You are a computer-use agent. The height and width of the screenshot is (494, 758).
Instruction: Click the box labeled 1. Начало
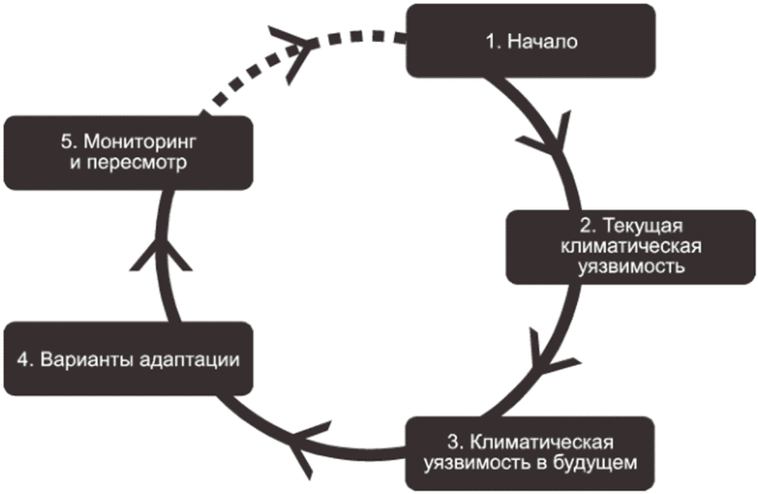click(x=531, y=40)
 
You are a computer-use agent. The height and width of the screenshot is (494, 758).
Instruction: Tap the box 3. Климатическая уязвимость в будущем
click(x=531, y=452)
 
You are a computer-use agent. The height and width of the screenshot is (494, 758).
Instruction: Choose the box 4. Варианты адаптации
click(x=129, y=358)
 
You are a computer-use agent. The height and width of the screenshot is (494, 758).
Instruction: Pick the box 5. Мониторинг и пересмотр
click(x=129, y=152)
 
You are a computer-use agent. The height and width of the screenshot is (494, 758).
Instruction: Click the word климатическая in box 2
click(x=631, y=247)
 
